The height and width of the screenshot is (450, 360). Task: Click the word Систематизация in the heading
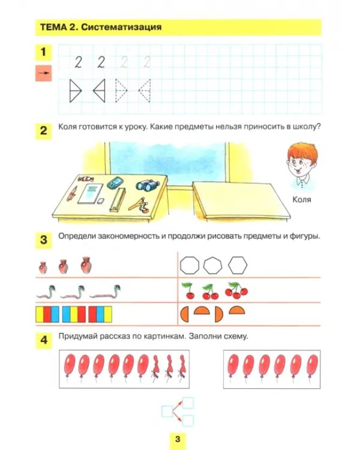pos(121,27)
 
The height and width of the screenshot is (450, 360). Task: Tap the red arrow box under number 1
pos(43,73)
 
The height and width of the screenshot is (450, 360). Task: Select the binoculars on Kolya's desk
pos(148,185)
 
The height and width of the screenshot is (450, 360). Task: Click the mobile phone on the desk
pos(115,183)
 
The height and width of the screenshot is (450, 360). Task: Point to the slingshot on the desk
pos(139,205)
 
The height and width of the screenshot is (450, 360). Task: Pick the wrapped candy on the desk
pos(86,179)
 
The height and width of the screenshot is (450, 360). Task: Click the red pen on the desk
pos(72,193)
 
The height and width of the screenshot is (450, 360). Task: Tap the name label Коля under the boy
pos(302,199)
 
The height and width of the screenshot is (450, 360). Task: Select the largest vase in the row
pos(86,265)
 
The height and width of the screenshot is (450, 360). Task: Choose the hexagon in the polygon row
pos(238,265)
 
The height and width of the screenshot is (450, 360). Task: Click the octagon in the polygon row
pos(190,265)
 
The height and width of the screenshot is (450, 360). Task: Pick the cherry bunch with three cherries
pos(236,290)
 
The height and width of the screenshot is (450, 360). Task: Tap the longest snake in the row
pos(105,292)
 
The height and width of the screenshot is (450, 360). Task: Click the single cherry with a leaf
pos(188,291)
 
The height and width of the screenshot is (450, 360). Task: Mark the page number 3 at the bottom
pos(178,439)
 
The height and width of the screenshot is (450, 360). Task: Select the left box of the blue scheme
pos(167,412)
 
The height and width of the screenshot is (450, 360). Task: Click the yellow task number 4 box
pos(44,340)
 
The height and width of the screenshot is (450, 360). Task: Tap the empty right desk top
pos(241,199)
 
